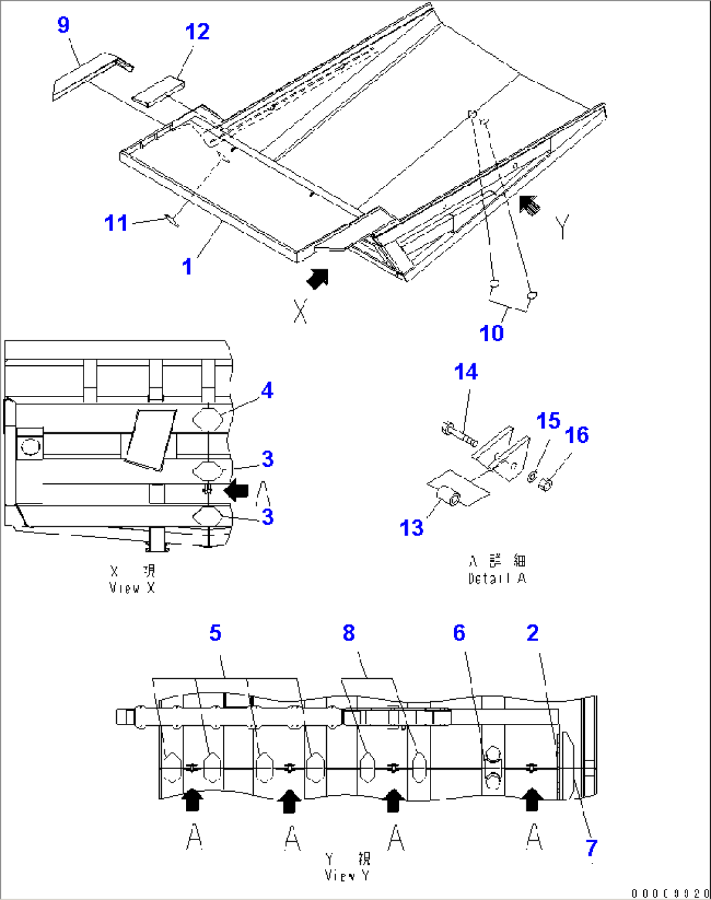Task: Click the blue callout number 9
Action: coord(63,25)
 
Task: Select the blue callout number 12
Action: coord(197,32)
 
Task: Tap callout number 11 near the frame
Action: coord(116,223)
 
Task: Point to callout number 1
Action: coord(187,267)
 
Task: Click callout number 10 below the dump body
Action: coord(491,333)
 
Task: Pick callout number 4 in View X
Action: coord(267,391)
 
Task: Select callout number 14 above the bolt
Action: coord(466,372)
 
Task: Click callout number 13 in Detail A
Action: coord(412,528)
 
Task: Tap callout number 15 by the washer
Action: coord(548,421)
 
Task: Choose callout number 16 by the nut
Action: coord(577,435)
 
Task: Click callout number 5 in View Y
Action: coord(215,633)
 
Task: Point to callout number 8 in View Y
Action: coord(349,633)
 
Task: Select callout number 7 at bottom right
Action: coord(591,848)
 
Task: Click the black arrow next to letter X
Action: coord(318,278)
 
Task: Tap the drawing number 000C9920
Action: coord(669,893)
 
